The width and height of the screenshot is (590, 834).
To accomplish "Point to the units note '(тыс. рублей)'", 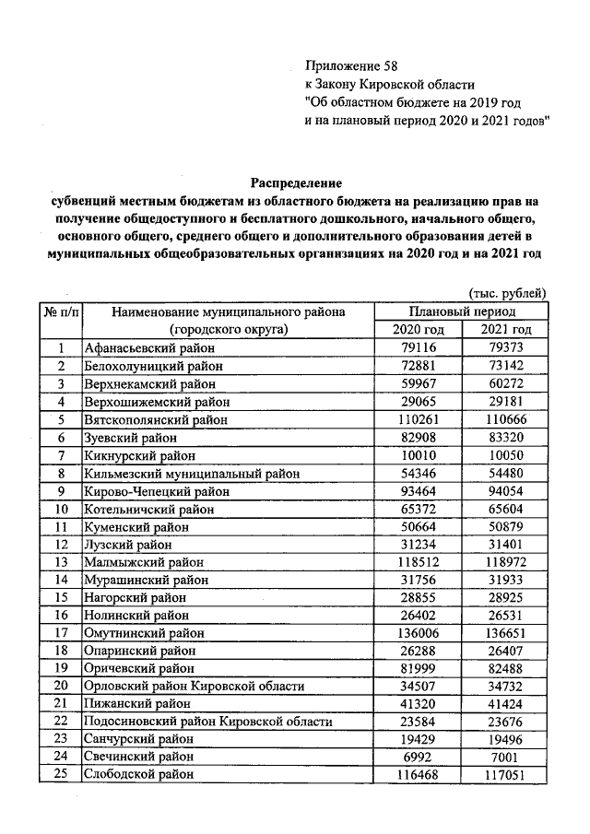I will click(x=508, y=293).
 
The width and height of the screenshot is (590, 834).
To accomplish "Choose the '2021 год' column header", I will click(x=507, y=330).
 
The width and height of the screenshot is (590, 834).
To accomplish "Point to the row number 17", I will click(x=60, y=633).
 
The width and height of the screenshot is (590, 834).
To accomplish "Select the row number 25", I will click(x=60, y=775).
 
